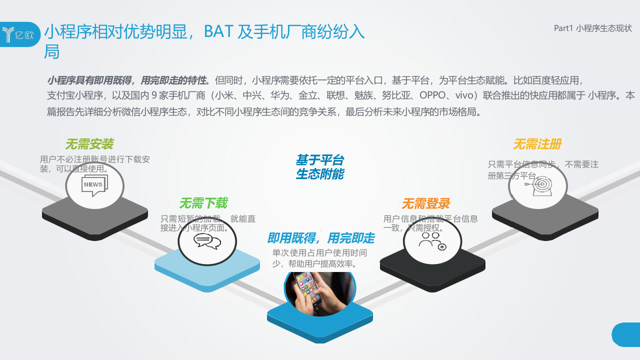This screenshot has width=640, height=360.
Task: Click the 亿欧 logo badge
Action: point(20,34)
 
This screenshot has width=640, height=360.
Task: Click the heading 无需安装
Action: point(89,144)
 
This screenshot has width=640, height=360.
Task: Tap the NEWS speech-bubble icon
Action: point(94,185)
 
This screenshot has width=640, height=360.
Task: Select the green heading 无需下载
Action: point(203,203)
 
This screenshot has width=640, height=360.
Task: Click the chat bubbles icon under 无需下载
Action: point(207,241)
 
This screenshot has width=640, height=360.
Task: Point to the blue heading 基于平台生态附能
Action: point(319,167)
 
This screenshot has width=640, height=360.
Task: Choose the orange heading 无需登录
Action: point(425,203)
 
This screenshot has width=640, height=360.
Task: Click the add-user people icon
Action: point(432,242)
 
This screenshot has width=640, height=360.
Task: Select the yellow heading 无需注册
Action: point(537,144)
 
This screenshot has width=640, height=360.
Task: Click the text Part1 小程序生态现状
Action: point(592,28)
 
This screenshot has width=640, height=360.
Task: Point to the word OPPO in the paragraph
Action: point(434,95)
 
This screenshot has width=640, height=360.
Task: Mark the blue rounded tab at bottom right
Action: point(626,334)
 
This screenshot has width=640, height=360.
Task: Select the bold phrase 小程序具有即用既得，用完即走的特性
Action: point(126,80)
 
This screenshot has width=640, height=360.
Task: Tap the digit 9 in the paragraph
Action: point(154,95)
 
